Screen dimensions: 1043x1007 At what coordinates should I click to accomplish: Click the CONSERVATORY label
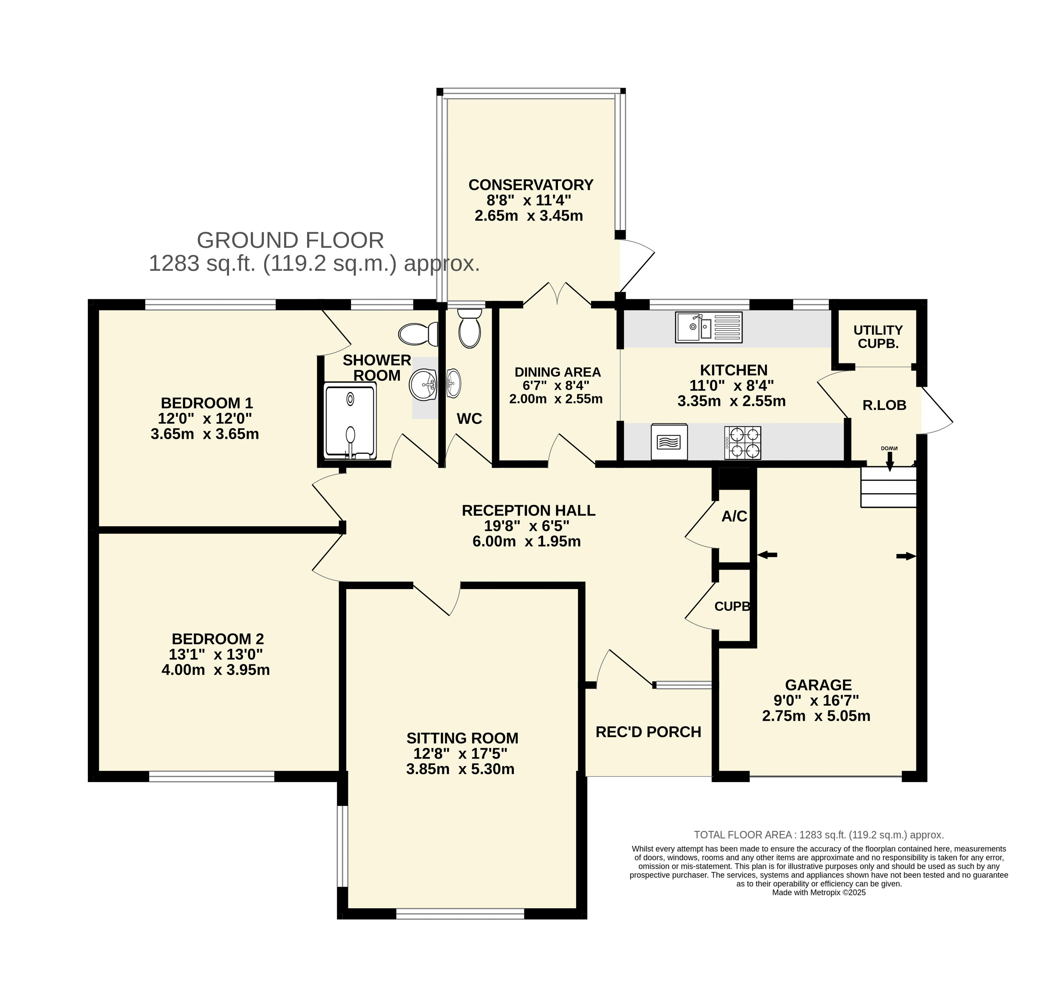pyautogui.click(x=530, y=185)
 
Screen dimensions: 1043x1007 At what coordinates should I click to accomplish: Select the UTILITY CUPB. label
pyautogui.click(x=878, y=337)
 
